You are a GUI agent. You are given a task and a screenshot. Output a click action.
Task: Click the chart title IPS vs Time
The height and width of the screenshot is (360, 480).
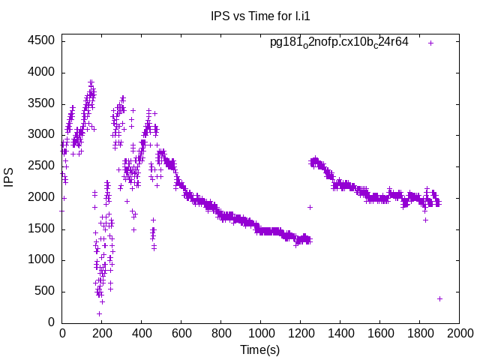(x=259, y=16)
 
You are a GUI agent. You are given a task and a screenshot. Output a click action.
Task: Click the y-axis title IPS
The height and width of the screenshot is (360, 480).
(x=9, y=178)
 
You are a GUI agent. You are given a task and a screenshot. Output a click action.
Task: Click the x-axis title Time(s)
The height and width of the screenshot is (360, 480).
(x=259, y=349)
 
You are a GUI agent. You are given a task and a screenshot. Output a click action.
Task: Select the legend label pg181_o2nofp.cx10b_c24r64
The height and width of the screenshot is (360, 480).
(x=339, y=42)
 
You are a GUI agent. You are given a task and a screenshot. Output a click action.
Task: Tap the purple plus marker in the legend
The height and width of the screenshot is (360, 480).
(x=430, y=43)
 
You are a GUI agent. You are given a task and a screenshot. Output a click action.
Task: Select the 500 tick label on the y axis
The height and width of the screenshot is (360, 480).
(x=44, y=292)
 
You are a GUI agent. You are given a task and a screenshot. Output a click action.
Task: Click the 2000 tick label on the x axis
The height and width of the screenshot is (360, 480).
(x=460, y=333)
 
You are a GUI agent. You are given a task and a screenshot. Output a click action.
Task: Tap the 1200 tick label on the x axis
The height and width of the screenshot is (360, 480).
(x=301, y=333)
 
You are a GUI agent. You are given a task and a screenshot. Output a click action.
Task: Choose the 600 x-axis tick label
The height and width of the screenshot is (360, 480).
(x=181, y=333)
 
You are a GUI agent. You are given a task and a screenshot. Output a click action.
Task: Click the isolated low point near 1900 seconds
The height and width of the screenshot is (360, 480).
(x=439, y=298)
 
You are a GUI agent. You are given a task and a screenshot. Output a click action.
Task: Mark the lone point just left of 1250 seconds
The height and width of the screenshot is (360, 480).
(x=310, y=207)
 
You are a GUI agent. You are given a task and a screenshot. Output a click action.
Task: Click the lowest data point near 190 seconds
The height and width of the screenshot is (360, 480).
(x=99, y=313)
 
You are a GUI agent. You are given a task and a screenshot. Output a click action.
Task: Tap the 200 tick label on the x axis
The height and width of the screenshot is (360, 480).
(x=102, y=333)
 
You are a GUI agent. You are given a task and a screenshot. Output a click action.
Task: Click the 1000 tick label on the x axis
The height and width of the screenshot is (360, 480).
(x=261, y=333)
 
